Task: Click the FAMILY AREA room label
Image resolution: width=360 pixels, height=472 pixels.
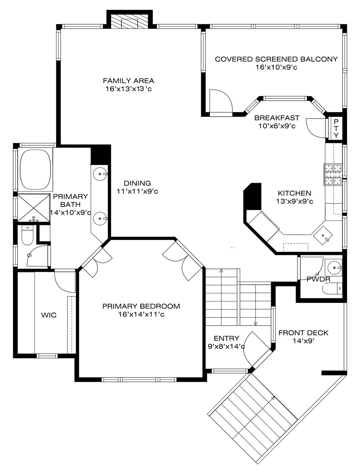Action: pyautogui.click(x=128, y=81)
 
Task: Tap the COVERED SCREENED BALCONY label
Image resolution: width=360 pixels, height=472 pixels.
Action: pyautogui.click(x=276, y=59)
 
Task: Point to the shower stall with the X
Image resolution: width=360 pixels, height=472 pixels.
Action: pyautogui.click(x=33, y=208)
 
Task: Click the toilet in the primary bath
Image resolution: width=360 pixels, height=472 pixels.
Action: pyautogui.click(x=27, y=236)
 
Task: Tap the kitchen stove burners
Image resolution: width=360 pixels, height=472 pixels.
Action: pyautogui.click(x=333, y=175)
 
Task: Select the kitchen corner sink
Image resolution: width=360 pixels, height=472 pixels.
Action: pyautogui.click(x=323, y=235)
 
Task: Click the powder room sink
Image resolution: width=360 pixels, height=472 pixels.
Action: pyautogui.click(x=333, y=268)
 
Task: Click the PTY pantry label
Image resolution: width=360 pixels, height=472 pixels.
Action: pyautogui.click(x=336, y=128)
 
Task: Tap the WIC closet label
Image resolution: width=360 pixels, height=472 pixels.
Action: pyautogui.click(x=49, y=315)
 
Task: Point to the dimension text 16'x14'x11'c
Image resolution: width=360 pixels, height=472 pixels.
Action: pyautogui.click(x=141, y=315)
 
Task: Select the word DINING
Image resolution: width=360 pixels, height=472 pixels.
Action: pyautogui.click(x=137, y=183)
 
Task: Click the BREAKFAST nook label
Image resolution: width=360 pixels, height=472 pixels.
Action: pyautogui.click(x=277, y=118)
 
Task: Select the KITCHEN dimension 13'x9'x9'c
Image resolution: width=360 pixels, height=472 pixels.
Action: pyautogui.click(x=295, y=202)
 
